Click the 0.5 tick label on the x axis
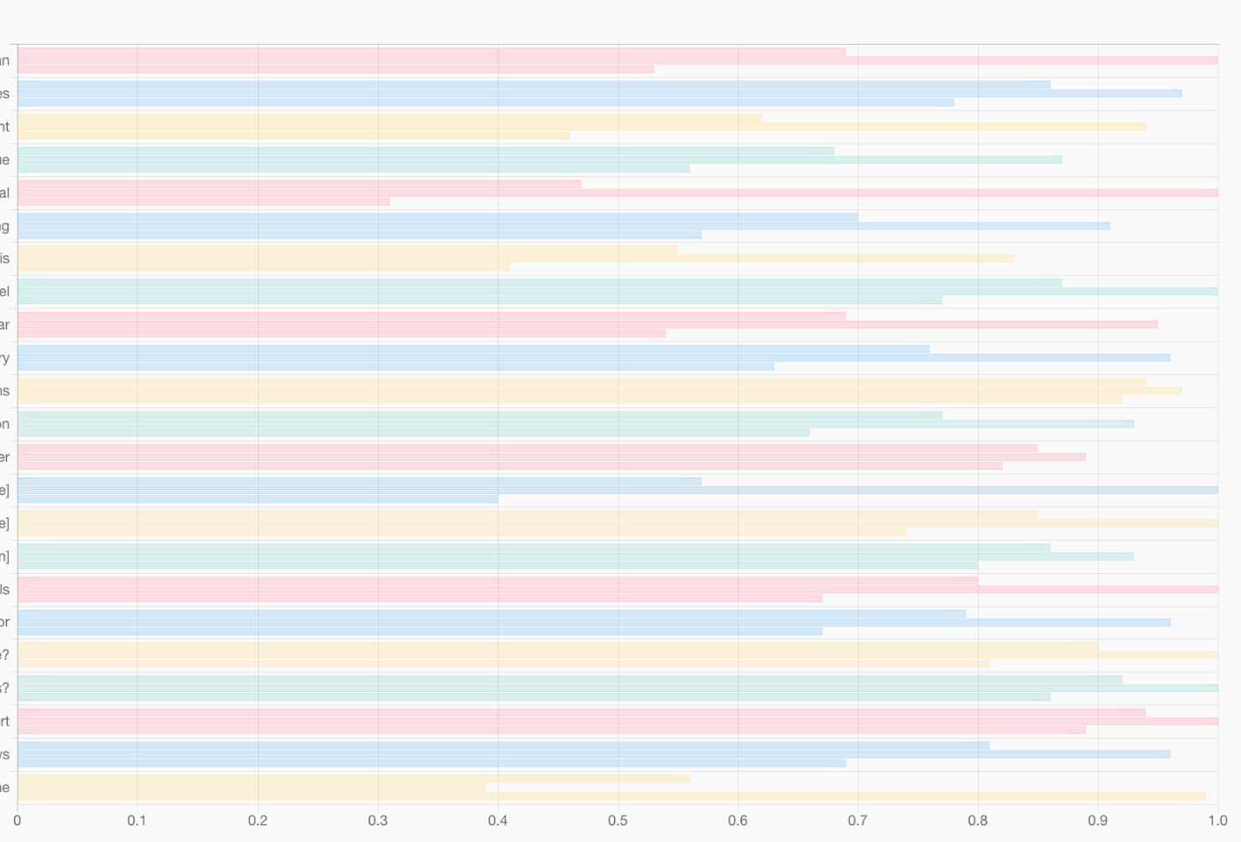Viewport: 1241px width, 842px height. (x=617, y=821)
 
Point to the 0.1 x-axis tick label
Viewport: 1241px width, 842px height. (x=137, y=821)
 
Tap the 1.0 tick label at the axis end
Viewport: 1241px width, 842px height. (x=1217, y=821)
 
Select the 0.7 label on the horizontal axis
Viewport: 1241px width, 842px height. (x=858, y=821)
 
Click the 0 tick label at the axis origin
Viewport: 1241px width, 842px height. (x=17, y=821)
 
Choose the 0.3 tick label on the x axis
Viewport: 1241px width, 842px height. (x=377, y=821)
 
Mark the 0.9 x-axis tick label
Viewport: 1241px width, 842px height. (x=1097, y=821)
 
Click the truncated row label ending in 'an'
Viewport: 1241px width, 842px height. (x=4, y=60)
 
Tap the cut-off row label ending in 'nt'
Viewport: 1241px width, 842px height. (x=4, y=127)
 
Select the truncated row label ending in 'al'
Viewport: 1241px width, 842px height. (x=4, y=193)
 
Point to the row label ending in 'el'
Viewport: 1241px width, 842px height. (x=4, y=292)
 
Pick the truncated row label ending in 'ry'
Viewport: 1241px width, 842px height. (x=4, y=358)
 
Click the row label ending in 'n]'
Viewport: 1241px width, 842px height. (x=4, y=556)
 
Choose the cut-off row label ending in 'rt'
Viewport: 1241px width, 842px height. (x=4, y=721)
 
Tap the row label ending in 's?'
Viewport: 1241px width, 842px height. (x=4, y=689)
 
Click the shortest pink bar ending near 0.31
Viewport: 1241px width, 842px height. (x=203, y=202)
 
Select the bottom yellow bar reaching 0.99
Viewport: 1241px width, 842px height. (x=611, y=796)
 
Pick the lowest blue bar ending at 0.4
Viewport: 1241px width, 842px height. (x=258, y=499)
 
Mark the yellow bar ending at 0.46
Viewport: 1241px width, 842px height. (x=294, y=136)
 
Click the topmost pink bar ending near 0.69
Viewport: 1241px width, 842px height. (x=431, y=52)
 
